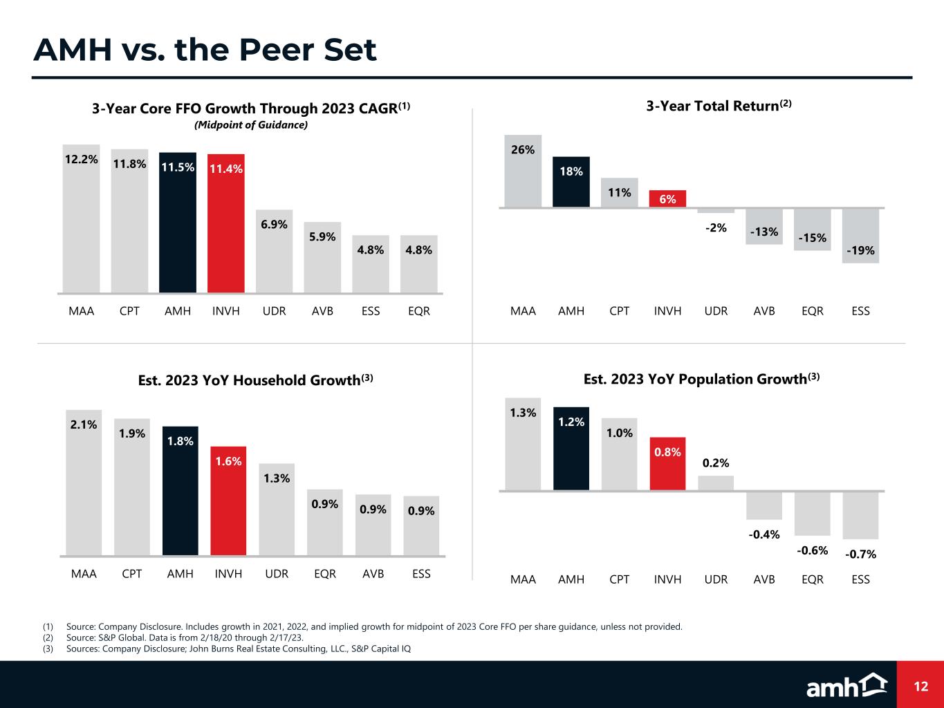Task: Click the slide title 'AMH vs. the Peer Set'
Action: (x=205, y=50)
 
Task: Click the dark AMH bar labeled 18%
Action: (x=571, y=183)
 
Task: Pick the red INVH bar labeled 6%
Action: (x=667, y=198)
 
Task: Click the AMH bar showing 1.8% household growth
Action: (x=181, y=491)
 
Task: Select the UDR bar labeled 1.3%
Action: (x=277, y=510)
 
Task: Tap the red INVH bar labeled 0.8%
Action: (x=667, y=464)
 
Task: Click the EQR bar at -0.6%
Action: (x=812, y=513)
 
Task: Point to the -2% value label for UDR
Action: (x=716, y=227)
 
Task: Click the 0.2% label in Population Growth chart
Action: (x=716, y=463)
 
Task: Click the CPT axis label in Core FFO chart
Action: (x=129, y=311)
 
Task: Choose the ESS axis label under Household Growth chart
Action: (x=421, y=574)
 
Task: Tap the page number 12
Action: (x=920, y=686)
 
